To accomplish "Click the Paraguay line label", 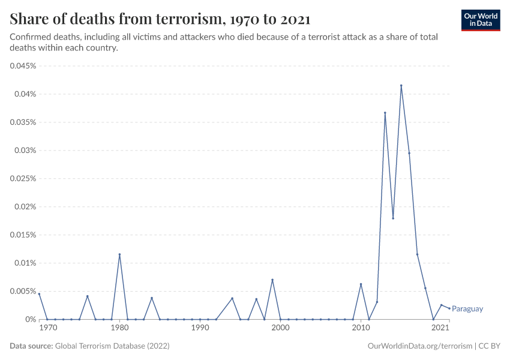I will [467, 309].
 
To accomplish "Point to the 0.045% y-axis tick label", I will [23, 66].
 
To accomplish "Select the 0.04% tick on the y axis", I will [25, 94].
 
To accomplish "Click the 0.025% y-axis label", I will [23, 179].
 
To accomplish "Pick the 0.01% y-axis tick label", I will [25, 263].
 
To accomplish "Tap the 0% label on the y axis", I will [31, 320].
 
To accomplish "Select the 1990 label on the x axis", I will [200, 329].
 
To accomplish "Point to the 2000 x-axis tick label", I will [280, 329].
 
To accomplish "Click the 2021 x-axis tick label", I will [441, 329].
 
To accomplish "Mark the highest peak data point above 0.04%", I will [401, 86].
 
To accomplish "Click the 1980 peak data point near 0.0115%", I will [119, 254].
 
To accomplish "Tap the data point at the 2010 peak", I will [361, 284].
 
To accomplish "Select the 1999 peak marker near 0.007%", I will [272, 280].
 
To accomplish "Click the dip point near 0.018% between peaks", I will [393, 218].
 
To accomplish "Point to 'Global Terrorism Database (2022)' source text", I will [112, 346].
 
